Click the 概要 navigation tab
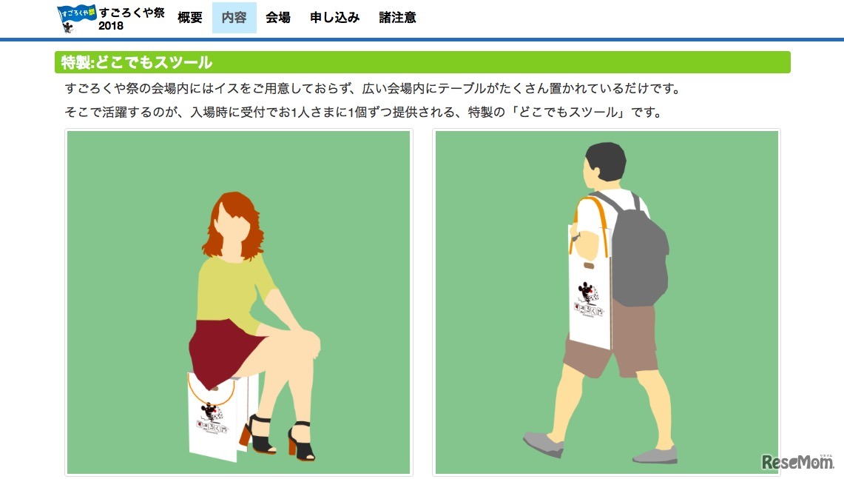tap(190, 18)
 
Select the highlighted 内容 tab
tap(234, 18)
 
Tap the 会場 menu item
tap(278, 18)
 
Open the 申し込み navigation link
tap(334, 18)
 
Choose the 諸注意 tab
tap(397, 18)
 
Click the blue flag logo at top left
tap(76, 17)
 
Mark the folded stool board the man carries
tap(590, 296)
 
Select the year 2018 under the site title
tap(111, 26)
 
